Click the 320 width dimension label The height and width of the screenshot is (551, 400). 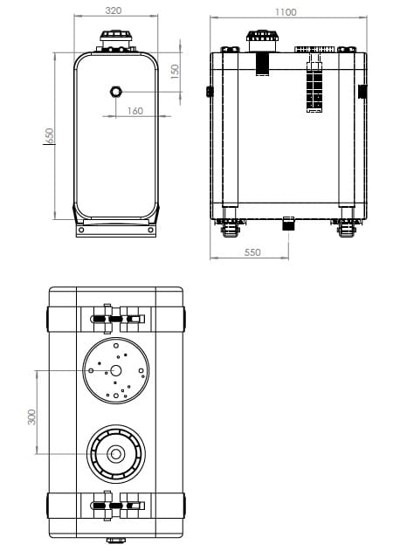coord(114,10)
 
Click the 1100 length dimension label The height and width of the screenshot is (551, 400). coord(286,12)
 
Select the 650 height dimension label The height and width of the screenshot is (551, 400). coord(50,135)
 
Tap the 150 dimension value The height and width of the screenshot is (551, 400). coord(175,72)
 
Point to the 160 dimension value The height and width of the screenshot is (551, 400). coord(135,111)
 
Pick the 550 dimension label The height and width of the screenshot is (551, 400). coord(252,252)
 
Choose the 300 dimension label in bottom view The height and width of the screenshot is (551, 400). coord(31,417)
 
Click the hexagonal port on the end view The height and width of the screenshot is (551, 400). coord(115,92)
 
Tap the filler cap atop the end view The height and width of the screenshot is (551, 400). coord(115,36)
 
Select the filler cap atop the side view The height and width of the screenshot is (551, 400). coord(262,36)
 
